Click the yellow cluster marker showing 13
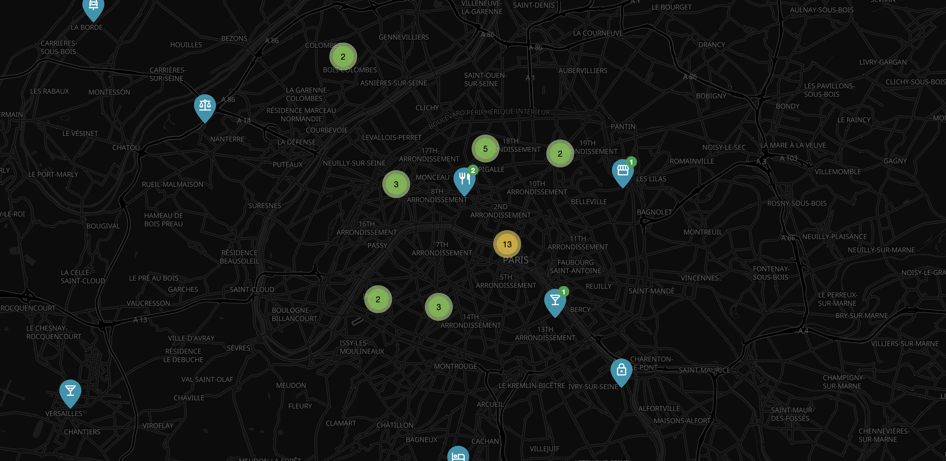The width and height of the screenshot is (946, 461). point(507,244)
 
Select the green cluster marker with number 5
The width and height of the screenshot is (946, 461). point(485,149)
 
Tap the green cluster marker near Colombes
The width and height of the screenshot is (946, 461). point(343,56)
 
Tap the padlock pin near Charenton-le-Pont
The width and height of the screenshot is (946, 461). point(621,371)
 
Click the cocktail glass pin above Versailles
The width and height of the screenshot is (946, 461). point(70,392)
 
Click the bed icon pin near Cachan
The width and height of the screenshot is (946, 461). point(458,455)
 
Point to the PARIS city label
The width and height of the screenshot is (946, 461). point(515,260)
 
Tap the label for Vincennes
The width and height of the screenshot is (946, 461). point(699,278)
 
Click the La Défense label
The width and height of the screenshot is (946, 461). point(296,142)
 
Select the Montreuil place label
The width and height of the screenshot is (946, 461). point(703,232)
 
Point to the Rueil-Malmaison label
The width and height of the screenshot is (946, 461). point(172,184)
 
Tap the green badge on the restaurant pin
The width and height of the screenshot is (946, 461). point(473,170)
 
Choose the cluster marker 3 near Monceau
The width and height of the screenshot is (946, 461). point(396,184)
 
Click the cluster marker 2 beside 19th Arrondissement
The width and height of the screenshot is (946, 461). point(560,153)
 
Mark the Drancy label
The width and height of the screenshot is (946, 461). point(711,45)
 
